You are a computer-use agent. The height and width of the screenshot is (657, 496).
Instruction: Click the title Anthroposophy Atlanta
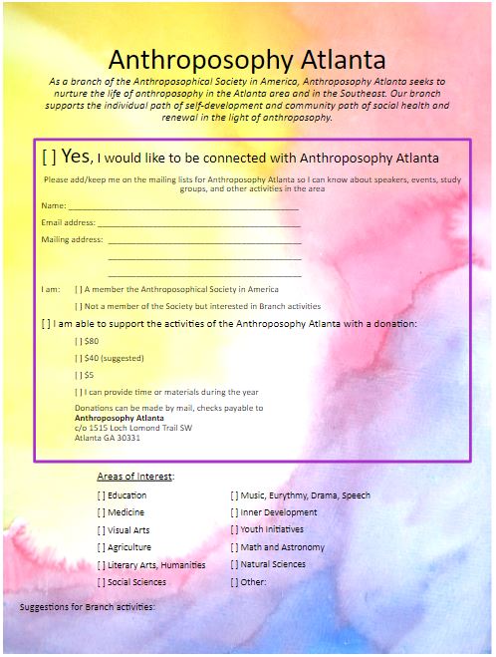tap(247, 59)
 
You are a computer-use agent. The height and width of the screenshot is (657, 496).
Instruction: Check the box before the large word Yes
tap(49, 158)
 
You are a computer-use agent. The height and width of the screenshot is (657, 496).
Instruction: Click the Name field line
tap(183, 205)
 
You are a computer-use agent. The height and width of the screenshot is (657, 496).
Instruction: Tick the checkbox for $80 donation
tap(79, 341)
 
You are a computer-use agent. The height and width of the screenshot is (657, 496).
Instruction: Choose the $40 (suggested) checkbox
tap(79, 358)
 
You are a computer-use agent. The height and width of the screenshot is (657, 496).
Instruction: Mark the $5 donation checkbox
tap(79, 375)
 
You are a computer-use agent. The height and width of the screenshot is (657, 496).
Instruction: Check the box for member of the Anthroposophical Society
tap(79, 289)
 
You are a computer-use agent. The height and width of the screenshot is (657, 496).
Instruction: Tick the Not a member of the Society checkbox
tap(79, 306)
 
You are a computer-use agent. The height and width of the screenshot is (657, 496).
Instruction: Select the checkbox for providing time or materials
tap(79, 392)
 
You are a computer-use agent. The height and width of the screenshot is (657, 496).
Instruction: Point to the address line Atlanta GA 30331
tap(108, 438)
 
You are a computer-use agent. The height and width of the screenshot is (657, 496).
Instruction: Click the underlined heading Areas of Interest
tap(135, 477)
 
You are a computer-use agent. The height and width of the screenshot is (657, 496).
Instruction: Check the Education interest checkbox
tap(101, 495)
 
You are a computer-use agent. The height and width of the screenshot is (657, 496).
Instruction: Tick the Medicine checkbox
tap(101, 512)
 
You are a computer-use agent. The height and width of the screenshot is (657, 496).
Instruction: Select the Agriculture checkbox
tap(101, 547)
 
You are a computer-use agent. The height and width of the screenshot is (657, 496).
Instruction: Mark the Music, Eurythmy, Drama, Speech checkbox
tap(234, 495)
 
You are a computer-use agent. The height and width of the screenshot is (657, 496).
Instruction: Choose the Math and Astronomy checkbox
tap(234, 547)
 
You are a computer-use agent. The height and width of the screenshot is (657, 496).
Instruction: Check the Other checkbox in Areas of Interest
tap(234, 582)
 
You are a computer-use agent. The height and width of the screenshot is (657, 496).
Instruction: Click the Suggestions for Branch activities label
tap(88, 606)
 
